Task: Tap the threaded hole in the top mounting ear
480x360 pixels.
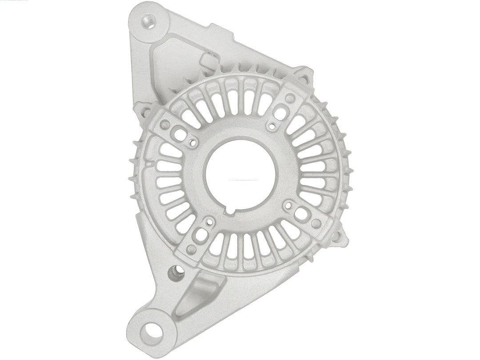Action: point(149,20)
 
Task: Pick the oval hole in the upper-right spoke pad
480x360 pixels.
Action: point(280,114)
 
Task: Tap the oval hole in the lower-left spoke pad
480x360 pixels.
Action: point(201,234)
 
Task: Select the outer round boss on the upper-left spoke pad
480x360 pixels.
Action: point(165,125)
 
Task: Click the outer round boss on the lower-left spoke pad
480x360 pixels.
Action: point(192,249)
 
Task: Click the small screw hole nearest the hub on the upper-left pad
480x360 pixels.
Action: point(192,142)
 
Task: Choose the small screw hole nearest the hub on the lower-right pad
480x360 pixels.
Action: point(288,205)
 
